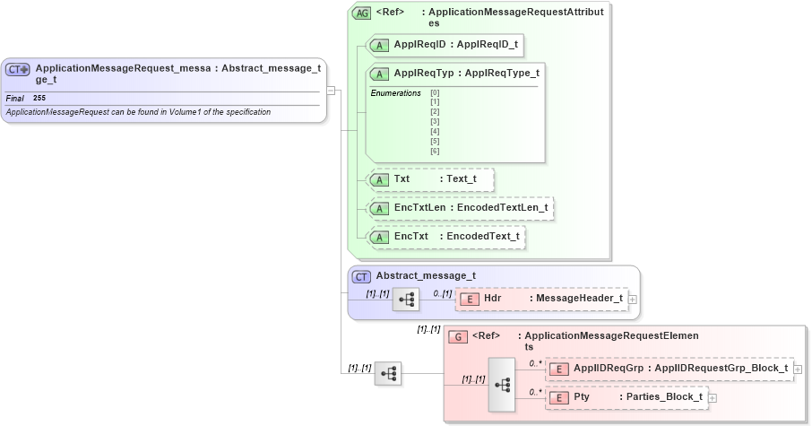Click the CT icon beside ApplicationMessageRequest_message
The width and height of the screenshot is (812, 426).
18,69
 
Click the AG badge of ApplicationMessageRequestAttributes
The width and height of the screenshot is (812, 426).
361,13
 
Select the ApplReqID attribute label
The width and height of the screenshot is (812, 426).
419,44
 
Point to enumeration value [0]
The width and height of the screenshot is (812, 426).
435,92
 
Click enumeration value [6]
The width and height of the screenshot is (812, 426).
435,151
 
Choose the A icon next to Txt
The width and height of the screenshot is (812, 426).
379,179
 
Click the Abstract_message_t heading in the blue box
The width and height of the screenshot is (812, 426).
425,276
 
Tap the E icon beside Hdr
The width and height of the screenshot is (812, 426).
470,299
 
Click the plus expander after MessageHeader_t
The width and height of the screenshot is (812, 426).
633,299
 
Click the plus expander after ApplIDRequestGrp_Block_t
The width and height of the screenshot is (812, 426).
798,369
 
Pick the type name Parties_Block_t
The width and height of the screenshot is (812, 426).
664,396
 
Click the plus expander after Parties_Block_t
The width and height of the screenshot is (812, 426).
713,397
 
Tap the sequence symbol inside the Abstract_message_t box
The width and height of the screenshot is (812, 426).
406,300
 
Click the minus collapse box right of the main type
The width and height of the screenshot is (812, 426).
331,90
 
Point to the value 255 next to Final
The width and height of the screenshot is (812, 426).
39,98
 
